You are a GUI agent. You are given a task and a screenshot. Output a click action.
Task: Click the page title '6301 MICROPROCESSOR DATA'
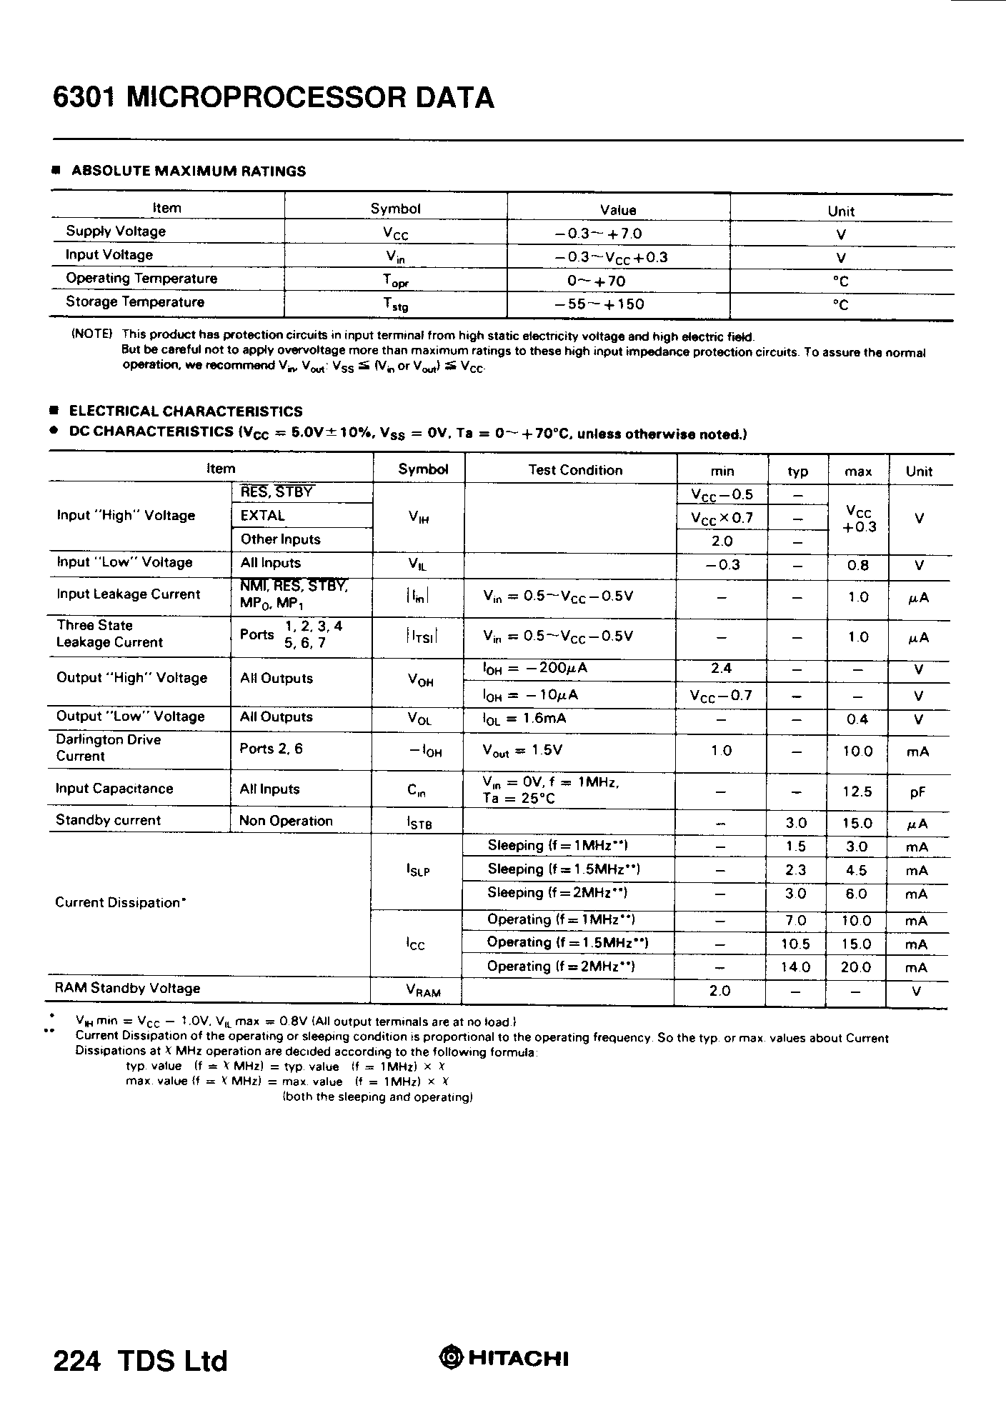(273, 98)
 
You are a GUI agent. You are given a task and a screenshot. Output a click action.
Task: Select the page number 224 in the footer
(76, 1361)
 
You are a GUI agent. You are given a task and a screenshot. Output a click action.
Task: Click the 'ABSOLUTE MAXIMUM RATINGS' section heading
(189, 171)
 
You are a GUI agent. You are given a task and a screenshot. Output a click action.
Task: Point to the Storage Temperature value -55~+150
(599, 304)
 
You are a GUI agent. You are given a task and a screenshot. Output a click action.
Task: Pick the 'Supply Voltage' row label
(116, 231)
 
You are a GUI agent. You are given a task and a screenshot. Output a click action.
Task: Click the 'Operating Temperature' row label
(141, 279)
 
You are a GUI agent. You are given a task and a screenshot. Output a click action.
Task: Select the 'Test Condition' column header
(575, 470)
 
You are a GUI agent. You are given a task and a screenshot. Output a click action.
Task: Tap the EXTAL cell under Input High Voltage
(263, 516)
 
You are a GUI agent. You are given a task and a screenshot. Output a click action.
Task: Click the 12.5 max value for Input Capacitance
(857, 792)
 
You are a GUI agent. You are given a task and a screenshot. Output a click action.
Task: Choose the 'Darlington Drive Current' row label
(109, 748)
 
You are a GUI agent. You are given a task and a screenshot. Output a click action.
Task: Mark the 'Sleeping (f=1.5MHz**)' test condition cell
(564, 869)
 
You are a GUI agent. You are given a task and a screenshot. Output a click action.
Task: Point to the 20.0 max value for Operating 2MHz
(856, 967)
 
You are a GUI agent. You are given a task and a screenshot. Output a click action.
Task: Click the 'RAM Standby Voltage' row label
(127, 989)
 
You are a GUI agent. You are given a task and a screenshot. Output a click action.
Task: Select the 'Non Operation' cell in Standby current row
(286, 821)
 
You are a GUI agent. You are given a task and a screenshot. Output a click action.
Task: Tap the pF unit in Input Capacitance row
(918, 792)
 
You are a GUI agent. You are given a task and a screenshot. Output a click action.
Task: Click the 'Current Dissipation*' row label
(121, 903)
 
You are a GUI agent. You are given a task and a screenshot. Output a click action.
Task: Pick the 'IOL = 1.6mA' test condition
(525, 719)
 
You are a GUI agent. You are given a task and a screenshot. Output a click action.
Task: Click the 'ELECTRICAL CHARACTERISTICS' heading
(186, 411)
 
